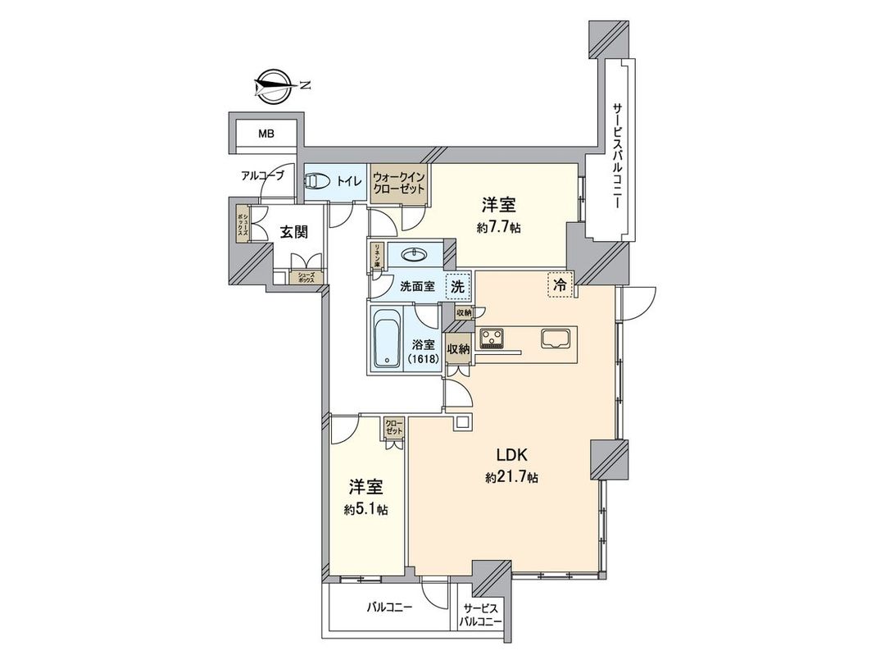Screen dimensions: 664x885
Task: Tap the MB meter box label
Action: point(266,134)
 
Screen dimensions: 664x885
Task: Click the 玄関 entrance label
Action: point(294,232)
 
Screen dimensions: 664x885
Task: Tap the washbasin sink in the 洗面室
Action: point(415,255)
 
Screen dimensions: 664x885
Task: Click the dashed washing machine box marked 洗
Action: point(459,287)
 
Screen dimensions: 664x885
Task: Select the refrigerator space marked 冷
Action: point(560,284)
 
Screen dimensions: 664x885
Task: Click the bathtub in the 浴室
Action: point(384,337)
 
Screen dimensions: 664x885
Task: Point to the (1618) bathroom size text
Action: point(424,359)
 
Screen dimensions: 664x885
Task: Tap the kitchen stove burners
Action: point(494,337)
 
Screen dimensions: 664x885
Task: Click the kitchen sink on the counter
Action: point(556,337)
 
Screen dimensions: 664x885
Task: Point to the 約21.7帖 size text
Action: point(511,476)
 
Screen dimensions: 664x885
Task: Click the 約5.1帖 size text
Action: point(366,509)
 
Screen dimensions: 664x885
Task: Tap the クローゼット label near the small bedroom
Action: point(394,427)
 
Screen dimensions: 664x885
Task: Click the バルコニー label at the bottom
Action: point(389,607)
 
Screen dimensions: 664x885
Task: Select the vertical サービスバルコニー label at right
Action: point(618,155)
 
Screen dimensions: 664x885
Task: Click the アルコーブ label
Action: point(262,175)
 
